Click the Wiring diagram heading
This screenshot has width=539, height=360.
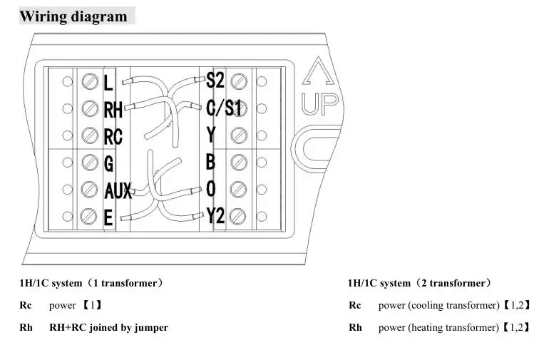tap(73, 16)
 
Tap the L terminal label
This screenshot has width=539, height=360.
tap(108, 83)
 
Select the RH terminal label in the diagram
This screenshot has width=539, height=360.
tap(113, 110)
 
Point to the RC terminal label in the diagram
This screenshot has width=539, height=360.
tap(113, 136)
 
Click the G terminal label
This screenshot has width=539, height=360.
tap(109, 164)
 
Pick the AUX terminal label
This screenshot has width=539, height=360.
tap(118, 190)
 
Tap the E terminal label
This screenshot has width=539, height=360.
tap(108, 217)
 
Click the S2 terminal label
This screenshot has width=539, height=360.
tap(215, 81)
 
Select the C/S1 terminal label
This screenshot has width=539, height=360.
tap(225, 108)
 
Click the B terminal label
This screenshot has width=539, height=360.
tap(210, 163)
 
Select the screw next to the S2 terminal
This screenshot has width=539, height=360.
tap(240, 81)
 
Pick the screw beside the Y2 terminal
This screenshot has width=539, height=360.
tap(240, 216)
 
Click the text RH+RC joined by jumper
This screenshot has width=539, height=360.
tap(108, 328)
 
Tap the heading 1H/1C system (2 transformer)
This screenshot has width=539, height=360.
tap(420, 283)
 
